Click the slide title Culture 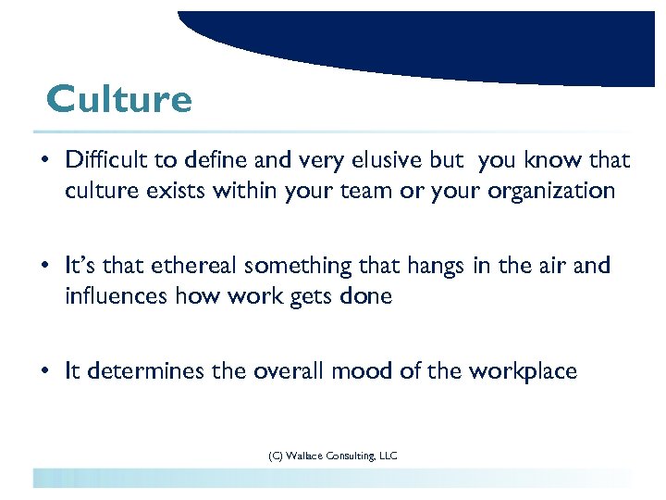click(x=119, y=99)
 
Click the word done click(x=368, y=296)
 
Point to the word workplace click(x=523, y=371)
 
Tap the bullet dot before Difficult click(x=44, y=161)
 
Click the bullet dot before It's click(x=44, y=267)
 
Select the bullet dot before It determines click(x=44, y=372)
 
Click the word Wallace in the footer click(x=305, y=455)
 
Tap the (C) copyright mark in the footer click(x=274, y=455)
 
